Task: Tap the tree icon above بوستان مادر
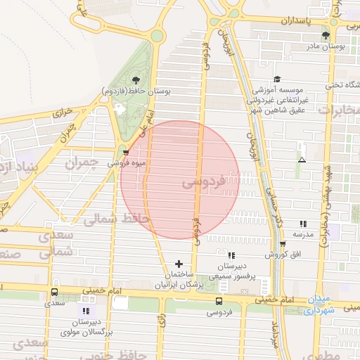(325, 34)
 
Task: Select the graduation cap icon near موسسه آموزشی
(277, 79)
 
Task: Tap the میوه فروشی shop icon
(126, 151)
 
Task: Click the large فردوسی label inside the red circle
(204, 182)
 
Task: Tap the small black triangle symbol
(302, 160)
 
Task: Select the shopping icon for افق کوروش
(283, 244)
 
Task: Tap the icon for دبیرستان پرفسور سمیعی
(231, 256)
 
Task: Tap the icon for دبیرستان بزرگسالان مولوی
(86, 310)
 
